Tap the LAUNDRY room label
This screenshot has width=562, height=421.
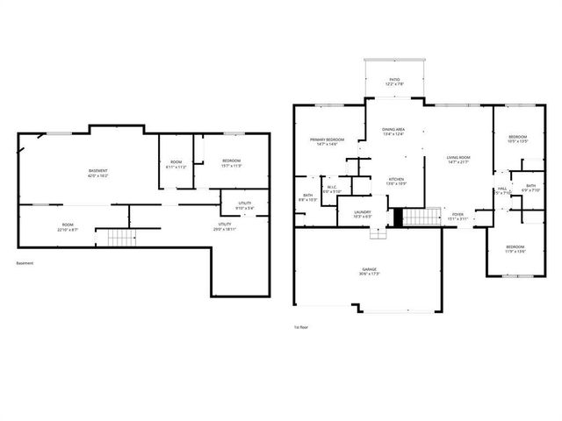tap(362, 213)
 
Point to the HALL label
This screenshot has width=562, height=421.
tap(502, 190)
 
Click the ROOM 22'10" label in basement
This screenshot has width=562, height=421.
tap(68, 226)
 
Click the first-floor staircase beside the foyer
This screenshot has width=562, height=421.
tap(421, 217)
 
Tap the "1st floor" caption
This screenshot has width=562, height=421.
tap(301, 327)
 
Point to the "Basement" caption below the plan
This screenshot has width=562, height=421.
tap(25, 263)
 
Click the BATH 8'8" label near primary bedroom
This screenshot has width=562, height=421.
tap(308, 197)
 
